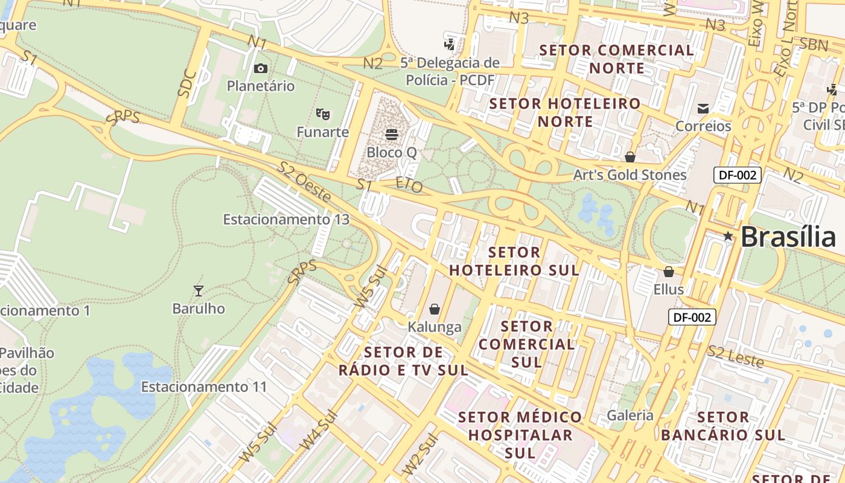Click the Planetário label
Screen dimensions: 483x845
click(x=261, y=86)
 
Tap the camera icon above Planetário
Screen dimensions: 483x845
click(x=261, y=69)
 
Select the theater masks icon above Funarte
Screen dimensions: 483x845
click(x=323, y=114)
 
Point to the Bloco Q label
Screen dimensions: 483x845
click(x=392, y=152)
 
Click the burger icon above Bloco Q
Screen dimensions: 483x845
click(x=392, y=134)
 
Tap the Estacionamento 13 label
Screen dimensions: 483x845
click(x=286, y=219)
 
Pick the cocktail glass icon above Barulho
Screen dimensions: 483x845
click(x=198, y=291)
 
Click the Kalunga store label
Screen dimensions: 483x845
click(x=435, y=327)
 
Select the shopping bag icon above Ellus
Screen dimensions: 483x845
click(x=668, y=272)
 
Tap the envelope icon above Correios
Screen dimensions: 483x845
click(x=703, y=109)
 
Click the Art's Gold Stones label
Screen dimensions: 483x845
click(x=630, y=175)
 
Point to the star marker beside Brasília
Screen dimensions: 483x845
click(x=728, y=236)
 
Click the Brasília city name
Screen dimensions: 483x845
click(x=788, y=237)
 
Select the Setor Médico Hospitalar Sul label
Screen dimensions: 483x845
click(x=520, y=435)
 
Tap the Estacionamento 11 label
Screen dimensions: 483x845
click(x=204, y=386)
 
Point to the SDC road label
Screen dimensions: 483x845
click(x=188, y=84)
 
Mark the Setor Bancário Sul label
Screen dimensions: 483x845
click(x=722, y=426)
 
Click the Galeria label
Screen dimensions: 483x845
click(x=630, y=415)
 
